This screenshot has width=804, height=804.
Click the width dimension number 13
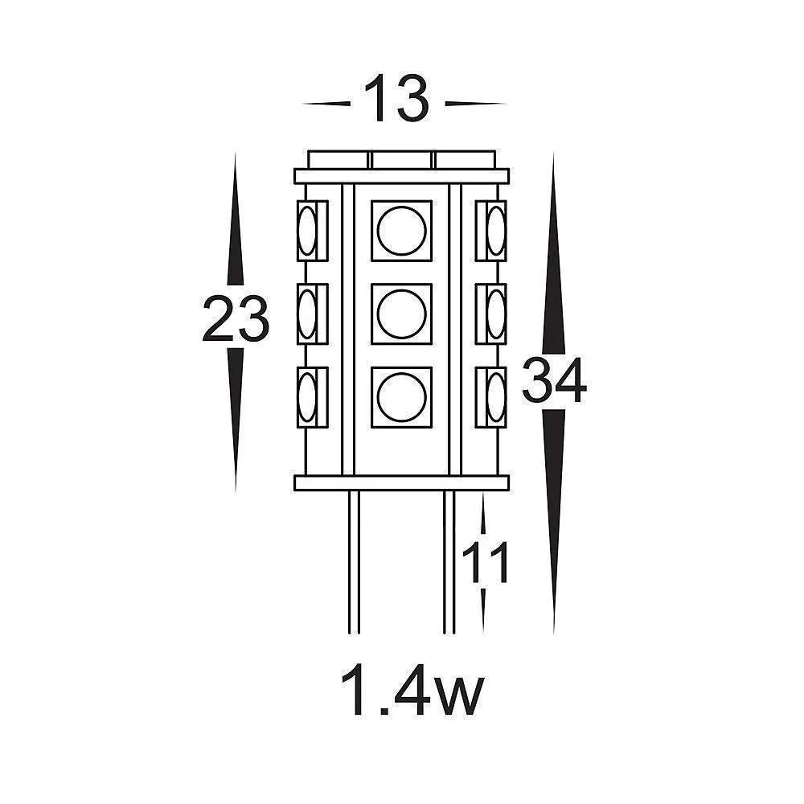click(398, 99)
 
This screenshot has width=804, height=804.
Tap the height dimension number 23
click(235, 319)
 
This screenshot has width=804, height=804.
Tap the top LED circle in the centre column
click(401, 231)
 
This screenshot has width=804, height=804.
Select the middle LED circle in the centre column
click(401, 314)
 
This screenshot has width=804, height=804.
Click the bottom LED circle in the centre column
click(401, 396)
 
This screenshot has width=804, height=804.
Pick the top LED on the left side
click(308, 231)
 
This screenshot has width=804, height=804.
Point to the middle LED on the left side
click(308, 314)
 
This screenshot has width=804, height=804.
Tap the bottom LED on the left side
click(308, 396)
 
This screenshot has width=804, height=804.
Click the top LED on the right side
click(495, 231)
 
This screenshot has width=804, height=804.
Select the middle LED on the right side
click(495, 314)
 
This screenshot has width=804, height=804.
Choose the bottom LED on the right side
click(495, 396)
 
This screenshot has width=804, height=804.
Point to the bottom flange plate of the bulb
click(402, 482)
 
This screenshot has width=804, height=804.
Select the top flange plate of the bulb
click(402, 175)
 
